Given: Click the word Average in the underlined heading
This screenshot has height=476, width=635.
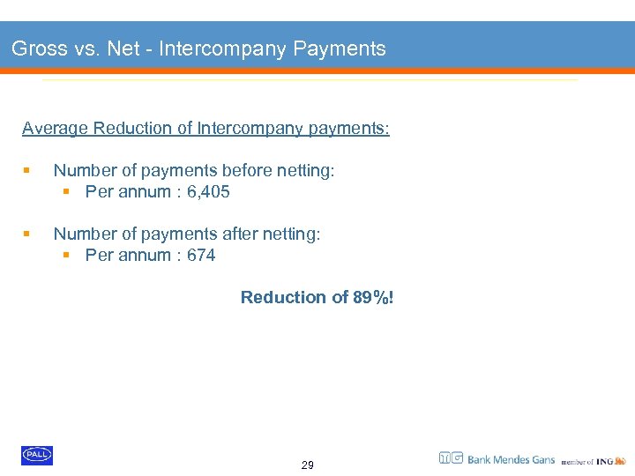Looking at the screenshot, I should pyautogui.click(x=56, y=129).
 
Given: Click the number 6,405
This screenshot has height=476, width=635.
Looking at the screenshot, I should pyautogui.click(x=208, y=192).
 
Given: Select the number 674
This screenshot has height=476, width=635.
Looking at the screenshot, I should pyautogui.click(x=201, y=256).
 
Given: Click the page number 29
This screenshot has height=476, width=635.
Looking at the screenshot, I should pyautogui.click(x=307, y=465).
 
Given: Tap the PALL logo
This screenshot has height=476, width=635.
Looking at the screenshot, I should pyautogui.click(x=37, y=455).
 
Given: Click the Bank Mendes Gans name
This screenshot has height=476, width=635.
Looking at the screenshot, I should pyautogui.click(x=511, y=459).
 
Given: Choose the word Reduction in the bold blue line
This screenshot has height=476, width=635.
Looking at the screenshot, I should pyautogui.click(x=282, y=298).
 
